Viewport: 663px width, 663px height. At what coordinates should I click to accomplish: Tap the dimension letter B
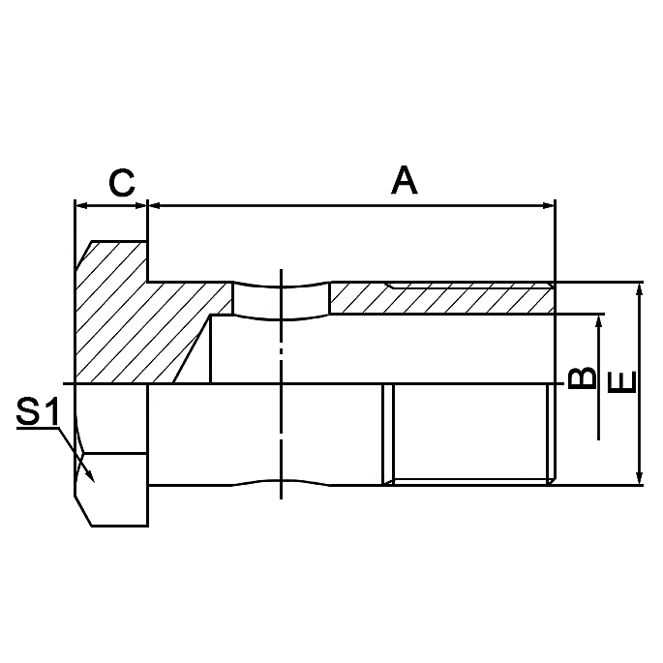point(581,377)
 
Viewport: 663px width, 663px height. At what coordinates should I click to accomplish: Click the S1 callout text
point(40,414)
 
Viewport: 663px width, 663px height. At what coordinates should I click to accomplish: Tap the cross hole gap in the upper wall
point(281,300)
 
